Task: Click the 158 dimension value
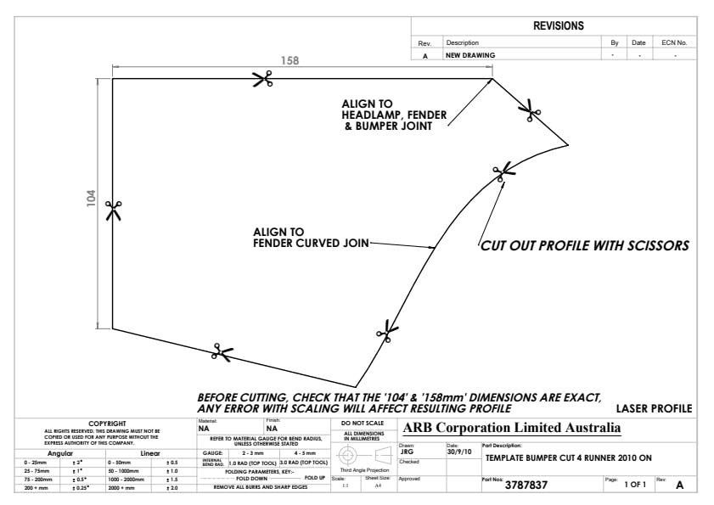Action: coord(290,61)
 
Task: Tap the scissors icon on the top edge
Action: coord(262,79)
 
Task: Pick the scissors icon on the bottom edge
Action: coord(222,351)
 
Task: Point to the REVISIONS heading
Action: coord(558,26)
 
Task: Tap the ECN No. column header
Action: coord(674,42)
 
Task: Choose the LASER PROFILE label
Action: coord(654,409)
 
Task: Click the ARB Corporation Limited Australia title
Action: coord(512,427)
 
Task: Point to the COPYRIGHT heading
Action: coord(107,423)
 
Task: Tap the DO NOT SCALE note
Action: coord(362,423)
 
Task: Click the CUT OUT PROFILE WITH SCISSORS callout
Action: coord(584,246)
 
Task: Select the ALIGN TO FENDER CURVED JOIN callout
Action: coord(310,237)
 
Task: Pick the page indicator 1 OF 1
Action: coord(635,485)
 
